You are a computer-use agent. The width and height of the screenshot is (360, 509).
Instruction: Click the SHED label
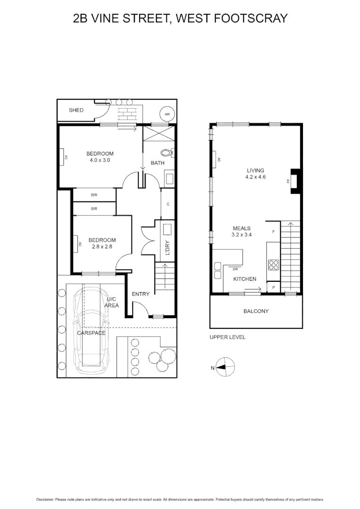(76, 110)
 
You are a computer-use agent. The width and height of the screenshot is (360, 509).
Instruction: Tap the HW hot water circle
(167, 115)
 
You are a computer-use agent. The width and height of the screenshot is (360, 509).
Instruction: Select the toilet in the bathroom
(167, 152)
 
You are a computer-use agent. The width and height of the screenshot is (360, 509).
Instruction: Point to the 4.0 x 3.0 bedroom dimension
(99, 160)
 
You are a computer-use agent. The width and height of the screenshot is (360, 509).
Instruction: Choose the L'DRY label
(167, 248)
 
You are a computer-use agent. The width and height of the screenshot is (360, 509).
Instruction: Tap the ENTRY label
(140, 294)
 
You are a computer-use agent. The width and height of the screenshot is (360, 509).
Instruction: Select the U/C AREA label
(112, 302)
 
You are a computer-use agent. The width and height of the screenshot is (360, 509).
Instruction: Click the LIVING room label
(255, 171)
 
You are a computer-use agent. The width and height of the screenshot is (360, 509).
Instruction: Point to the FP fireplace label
(287, 181)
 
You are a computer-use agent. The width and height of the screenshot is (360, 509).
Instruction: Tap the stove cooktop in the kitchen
(273, 265)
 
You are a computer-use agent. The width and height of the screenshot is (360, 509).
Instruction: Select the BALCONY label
(256, 311)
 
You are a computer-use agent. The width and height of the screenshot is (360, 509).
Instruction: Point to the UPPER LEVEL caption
(228, 337)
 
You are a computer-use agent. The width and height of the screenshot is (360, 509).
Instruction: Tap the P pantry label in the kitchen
(274, 287)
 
